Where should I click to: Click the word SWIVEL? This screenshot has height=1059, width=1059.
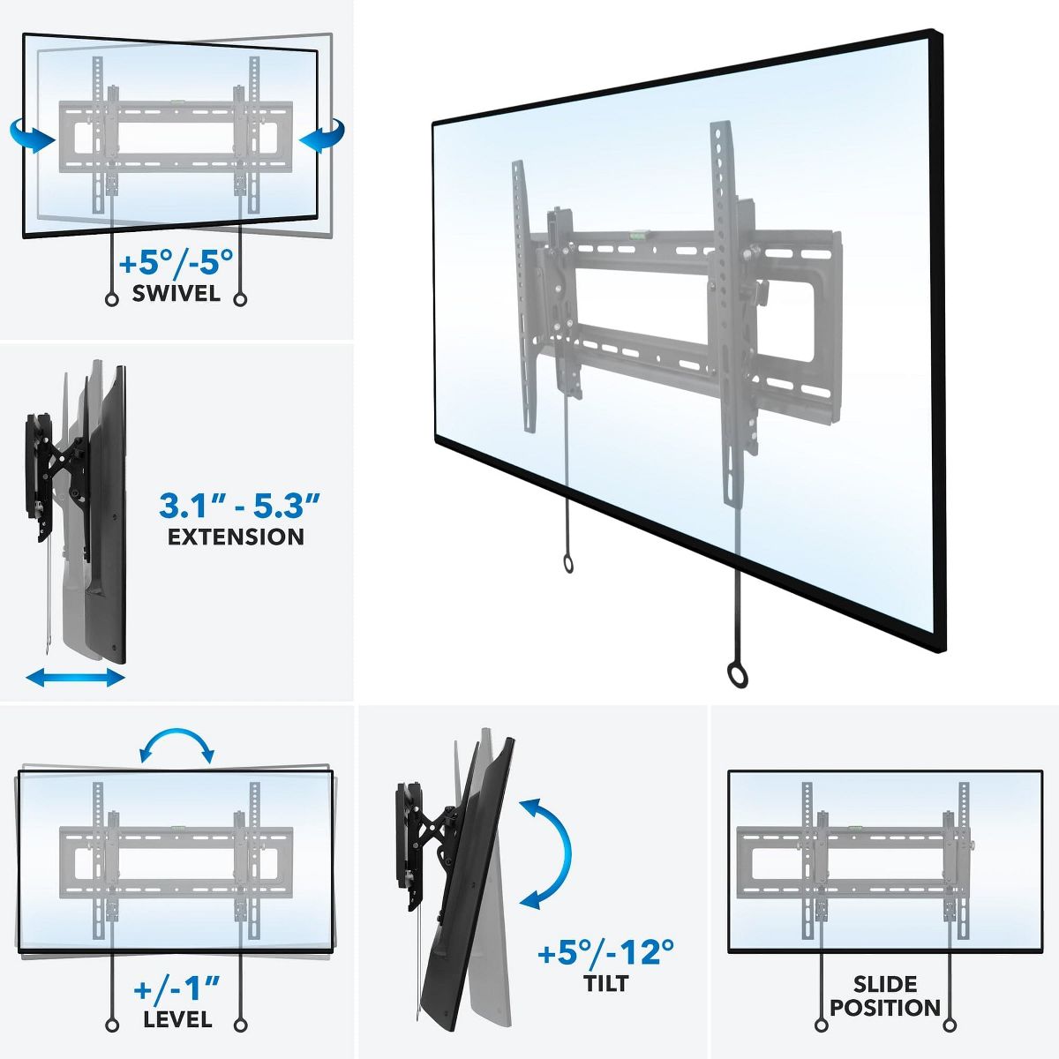click(x=176, y=293)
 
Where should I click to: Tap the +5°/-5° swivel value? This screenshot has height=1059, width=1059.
click(x=176, y=262)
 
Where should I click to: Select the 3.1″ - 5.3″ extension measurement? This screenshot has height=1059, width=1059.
click(x=239, y=506)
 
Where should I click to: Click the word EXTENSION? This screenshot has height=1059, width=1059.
click(x=237, y=536)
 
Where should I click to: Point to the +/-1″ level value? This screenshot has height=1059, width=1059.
click(x=177, y=987)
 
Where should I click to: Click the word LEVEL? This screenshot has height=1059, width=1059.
click(x=177, y=1019)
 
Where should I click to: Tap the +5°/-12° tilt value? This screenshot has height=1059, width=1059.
click(x=605, y=953)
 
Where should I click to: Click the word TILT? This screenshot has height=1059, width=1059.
click(x=605, y=983)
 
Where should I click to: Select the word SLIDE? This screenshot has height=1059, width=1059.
click(x=885, y=984)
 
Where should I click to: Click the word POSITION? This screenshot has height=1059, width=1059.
click(x=885, y=1008)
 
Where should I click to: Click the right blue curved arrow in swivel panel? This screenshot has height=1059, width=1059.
click(x=322, y=138)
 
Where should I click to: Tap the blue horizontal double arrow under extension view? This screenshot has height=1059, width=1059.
click(x=75, y=678)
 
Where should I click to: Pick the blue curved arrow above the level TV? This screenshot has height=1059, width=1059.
click(x=177, y=744)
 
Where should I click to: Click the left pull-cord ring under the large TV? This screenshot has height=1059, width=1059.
click(x=567, y=565)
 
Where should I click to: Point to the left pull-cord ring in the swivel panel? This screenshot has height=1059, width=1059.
click(x=111, y=299)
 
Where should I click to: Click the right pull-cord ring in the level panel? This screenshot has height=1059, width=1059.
click(x=240, y=1025)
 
